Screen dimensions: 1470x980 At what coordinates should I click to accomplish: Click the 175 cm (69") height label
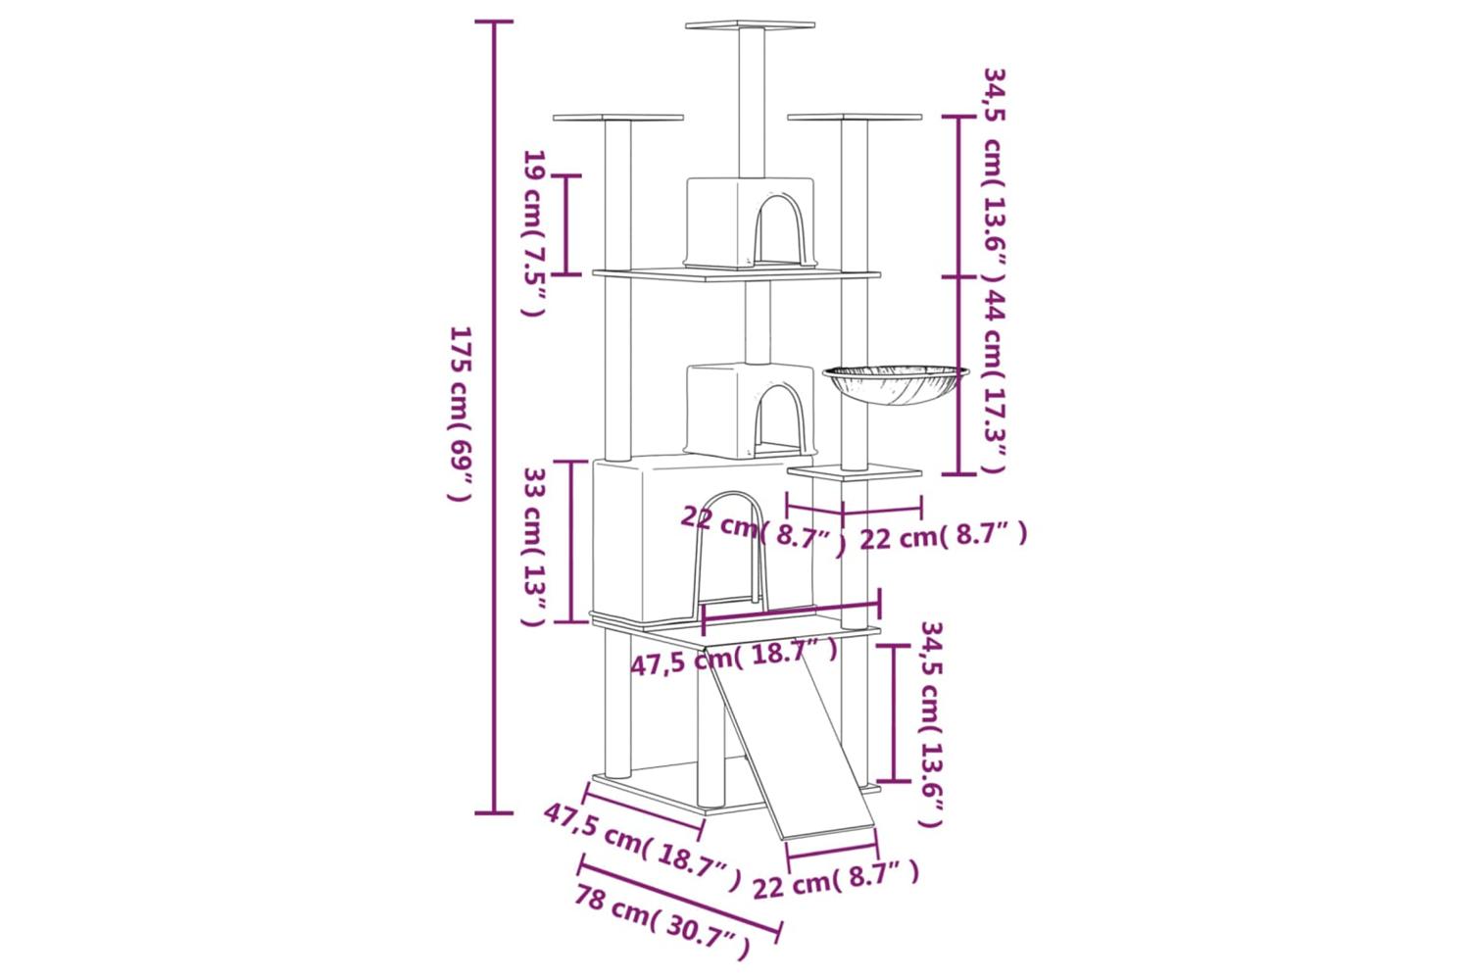(460, 414)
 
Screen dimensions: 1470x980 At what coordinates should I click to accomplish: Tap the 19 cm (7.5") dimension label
(535, 233)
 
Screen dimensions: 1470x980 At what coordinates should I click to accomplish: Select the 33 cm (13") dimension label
(534, 547)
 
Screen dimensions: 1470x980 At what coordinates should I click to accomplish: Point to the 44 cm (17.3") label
(995, 381)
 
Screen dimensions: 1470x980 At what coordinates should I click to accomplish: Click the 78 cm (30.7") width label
(661, 921)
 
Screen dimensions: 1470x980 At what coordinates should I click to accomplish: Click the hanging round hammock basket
(896, 384)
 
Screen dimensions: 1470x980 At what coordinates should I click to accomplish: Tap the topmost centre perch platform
(750, 24)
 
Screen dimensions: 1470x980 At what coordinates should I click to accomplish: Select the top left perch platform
(617, 118)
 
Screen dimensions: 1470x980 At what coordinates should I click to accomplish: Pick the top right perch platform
(855, 118)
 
